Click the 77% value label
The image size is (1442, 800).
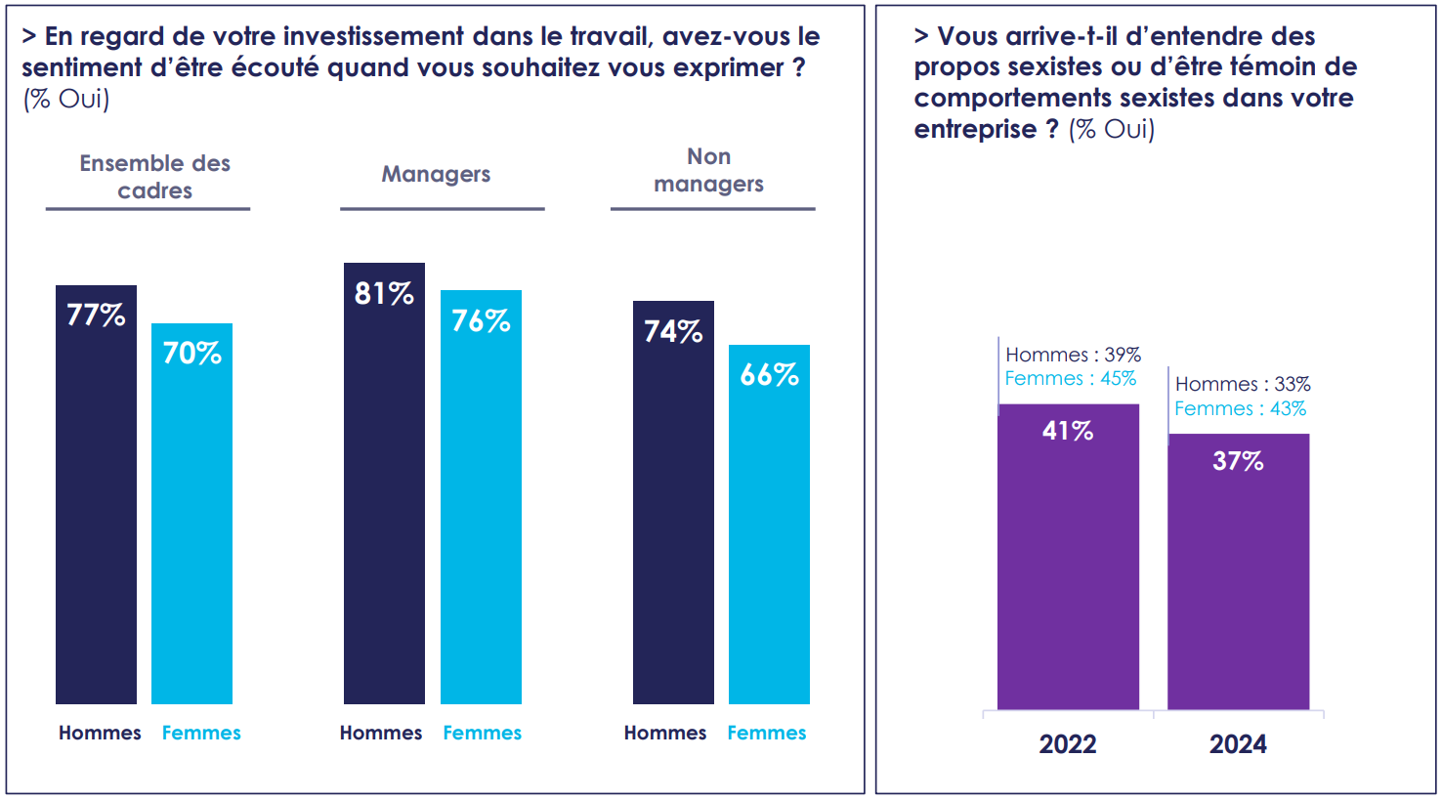[96, 315]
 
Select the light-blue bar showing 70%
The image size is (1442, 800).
[191, 527]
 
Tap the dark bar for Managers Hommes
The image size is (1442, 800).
[384, 508]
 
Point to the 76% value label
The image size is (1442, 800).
[481, 320]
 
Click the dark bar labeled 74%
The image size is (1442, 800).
[673, 527]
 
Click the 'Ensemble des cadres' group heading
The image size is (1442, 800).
[154, 177]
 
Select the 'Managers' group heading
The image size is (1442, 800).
[436, 174]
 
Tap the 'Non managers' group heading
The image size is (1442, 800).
[708, 170]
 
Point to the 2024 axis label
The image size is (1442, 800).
[1238, 744]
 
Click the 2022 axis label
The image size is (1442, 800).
[1068, 744]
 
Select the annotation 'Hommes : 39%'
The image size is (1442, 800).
[1073, 355]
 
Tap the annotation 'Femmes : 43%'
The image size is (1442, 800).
[1240, 408]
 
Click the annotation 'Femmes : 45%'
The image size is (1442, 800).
[1070, 378]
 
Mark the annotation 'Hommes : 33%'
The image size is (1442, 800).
[1243, 384]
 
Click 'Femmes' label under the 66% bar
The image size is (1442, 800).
[766, 733]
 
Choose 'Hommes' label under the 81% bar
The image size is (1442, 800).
[381, 733]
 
